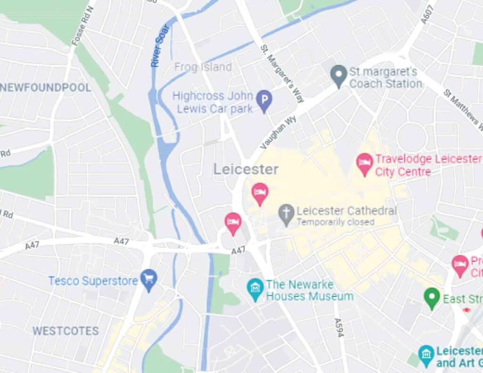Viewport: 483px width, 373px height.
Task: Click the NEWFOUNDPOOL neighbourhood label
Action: coord(46,87)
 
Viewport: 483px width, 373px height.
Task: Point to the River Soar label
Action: coord(161,47)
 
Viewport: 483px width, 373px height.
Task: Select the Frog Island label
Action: coord(203,67)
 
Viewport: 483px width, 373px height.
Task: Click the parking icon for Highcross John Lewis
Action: coord(264,101)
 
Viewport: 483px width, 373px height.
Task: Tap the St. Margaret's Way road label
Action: coord(282,73)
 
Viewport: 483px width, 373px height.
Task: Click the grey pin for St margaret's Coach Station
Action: coord(338,76)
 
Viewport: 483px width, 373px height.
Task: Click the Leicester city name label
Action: coord(246,170)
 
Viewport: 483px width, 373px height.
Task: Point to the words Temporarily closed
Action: coord(335,222)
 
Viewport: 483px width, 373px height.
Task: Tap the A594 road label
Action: coord(339,327)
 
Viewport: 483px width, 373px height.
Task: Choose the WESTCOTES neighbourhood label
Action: coord(66,331)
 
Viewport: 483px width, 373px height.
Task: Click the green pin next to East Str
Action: coord(431,298)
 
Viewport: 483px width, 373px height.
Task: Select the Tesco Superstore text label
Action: coord(93,281)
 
